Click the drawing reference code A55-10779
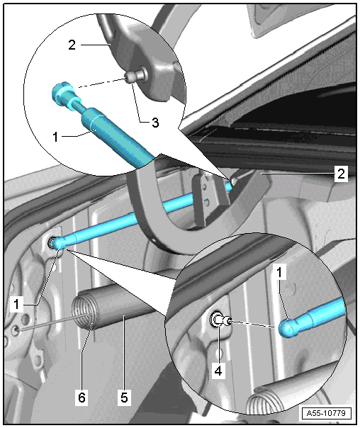326,412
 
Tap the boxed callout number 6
81,398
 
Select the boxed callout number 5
124,398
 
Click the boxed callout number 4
218,371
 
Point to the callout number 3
155,123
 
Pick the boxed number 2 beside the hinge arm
341,174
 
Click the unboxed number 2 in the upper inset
72,45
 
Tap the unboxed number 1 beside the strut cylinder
55,137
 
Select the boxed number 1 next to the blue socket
279,271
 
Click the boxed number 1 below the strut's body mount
16,305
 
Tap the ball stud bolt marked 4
220,320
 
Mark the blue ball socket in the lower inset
288,327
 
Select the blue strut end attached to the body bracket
59,242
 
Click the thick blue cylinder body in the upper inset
118,137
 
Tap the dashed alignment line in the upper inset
102,83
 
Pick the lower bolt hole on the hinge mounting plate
207,202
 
